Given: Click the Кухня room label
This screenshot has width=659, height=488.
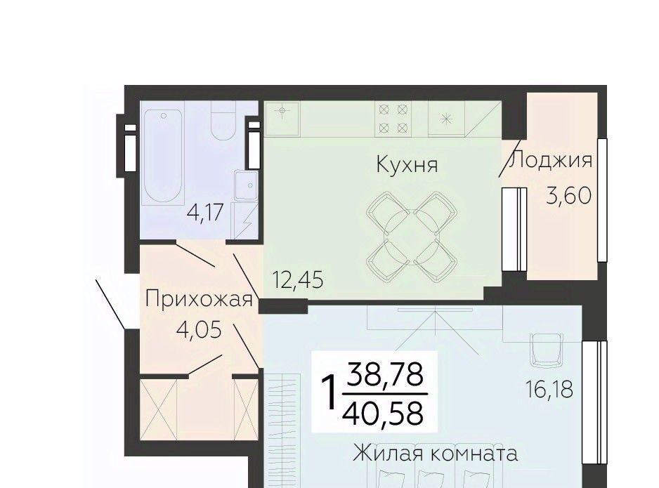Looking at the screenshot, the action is coord(407,164).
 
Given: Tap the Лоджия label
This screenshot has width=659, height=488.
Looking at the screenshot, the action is coord(550,160).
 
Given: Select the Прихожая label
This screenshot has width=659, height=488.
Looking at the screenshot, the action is coord(198,300).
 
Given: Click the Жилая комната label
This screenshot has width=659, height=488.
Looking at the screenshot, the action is coord(435,454).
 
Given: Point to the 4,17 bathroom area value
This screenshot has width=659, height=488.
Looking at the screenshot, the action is coord(204,212).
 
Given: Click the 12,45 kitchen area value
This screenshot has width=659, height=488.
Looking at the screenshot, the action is coord(298,279).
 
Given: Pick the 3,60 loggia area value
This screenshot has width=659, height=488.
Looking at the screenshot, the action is coord(568,195).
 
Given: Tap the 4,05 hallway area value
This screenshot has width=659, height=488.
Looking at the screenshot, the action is coord(200,330).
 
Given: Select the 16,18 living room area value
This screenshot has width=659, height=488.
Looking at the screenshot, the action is coord(549,389).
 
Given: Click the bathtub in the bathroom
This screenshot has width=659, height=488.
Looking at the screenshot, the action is coord(163,157).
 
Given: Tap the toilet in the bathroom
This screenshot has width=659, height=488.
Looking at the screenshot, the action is coord(223,120).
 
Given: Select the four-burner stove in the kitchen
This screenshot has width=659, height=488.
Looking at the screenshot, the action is coord(393,119).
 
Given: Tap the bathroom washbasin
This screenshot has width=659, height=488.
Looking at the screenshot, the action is coord(247,185).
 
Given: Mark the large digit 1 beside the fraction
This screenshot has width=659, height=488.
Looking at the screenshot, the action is coord(329,393).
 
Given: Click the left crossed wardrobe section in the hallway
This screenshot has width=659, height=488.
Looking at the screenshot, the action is coord(159,409).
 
